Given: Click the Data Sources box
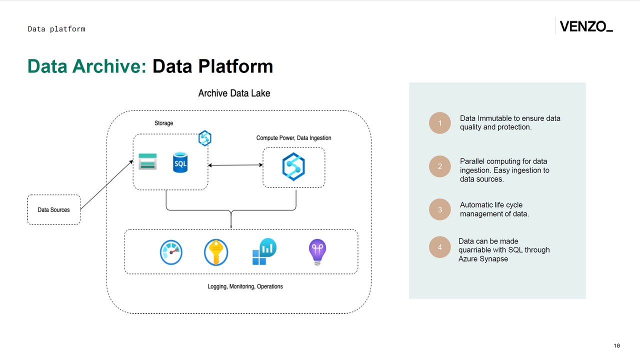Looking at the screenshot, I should (x=53, y=209).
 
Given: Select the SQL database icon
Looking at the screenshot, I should (x=180, y=163).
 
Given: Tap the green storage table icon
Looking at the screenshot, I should (x=147, y=161).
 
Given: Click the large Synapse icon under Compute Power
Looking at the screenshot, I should (x=293, y=166).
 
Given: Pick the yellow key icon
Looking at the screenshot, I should (x=216, y=252).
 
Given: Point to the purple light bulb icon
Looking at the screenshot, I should (x=317, y=251).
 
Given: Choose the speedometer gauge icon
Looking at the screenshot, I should (x=171, y=252).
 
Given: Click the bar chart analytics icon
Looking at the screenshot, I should (x=264, y=251).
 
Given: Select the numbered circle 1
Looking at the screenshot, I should (x=440, y=123).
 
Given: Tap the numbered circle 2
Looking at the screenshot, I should (x=440, y=166).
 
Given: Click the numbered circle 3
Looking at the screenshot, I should (x=440, y=209).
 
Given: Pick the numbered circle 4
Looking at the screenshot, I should (x=440, y=247).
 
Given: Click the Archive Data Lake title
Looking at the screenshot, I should (x=234, y=93).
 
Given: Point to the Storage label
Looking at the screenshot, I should (x=163, y=123).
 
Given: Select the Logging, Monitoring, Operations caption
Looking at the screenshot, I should (x=245, y=286).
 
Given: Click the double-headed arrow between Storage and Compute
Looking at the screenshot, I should (x=235, y=165).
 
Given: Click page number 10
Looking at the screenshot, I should (x=616, y=345).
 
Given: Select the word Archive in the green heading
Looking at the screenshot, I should (x=109, y=66).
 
